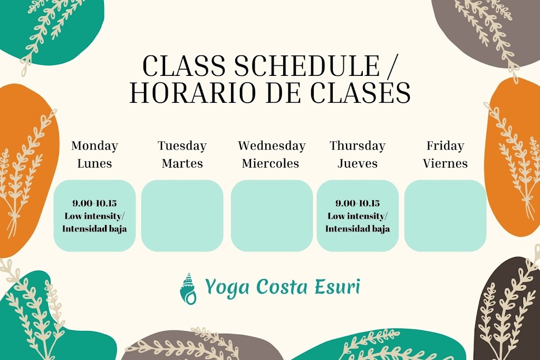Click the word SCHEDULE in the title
click(x=306, y=67)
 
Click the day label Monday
click(x=94, y=146)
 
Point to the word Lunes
click(x=94, y=163)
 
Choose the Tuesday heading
click(x=182, y=146)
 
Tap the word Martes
click(x=182, y=163)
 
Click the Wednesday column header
click(x=272, y=146)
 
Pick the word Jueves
click(x=358, y=163)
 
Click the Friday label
click(x=445, y=146)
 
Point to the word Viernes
click(x=445, y=163)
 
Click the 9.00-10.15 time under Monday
click(x=94, y=203)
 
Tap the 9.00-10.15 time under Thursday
click(x=358, y=203)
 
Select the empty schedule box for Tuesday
click(x=182, y=216)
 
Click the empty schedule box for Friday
click(x=445, y=216)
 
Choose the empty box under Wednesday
click(x=272, y=216)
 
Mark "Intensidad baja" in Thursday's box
click(x=358, y=229)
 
